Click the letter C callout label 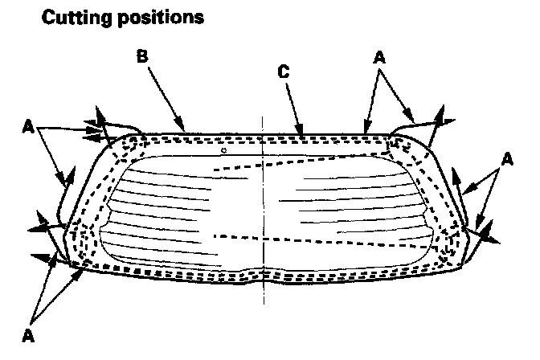(284, 72)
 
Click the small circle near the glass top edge (225, 150)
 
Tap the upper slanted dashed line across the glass (321, 162)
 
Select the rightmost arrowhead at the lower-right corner (492, 239)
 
